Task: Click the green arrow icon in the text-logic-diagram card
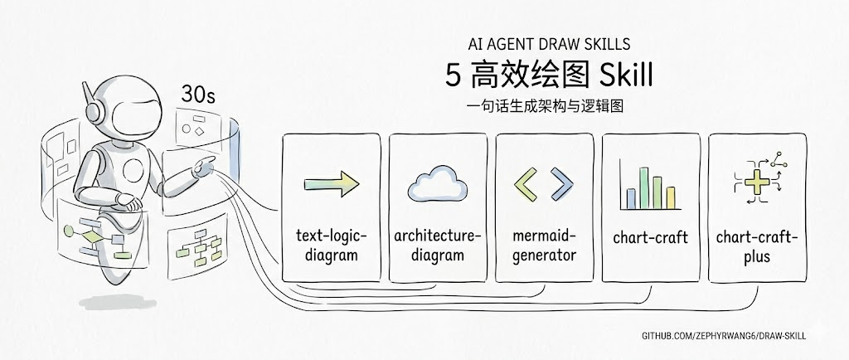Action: click(332, 184)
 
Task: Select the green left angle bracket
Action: click(526, 184)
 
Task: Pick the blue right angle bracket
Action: click(561, 184)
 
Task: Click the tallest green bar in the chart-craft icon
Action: click(643, 187)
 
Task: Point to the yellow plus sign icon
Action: click(757, 182)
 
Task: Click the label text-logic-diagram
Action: click(332, 246)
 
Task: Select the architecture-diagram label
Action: click(438, 246)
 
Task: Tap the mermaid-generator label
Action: click(544, 246)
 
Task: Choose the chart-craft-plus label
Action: click(757, 246)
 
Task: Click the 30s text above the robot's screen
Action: click(197, 95)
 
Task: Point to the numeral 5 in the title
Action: click(454, 75)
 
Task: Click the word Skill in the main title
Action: click(626, 75)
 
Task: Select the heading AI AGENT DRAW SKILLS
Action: click(549, 43)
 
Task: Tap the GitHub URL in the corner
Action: click(724, 336)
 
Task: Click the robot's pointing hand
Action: click(205, 166)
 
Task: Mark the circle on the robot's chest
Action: click(133, 171)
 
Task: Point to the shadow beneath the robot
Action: click(118, 302)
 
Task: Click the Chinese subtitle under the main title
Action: click(545, 105)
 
